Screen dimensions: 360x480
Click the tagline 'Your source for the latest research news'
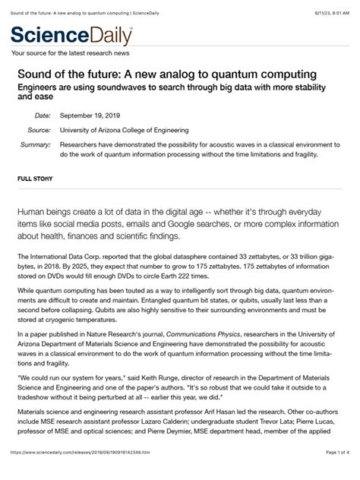coord(70,53)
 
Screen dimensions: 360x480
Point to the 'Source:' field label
coord(39,130)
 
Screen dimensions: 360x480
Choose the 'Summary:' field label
coord(35,144)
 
